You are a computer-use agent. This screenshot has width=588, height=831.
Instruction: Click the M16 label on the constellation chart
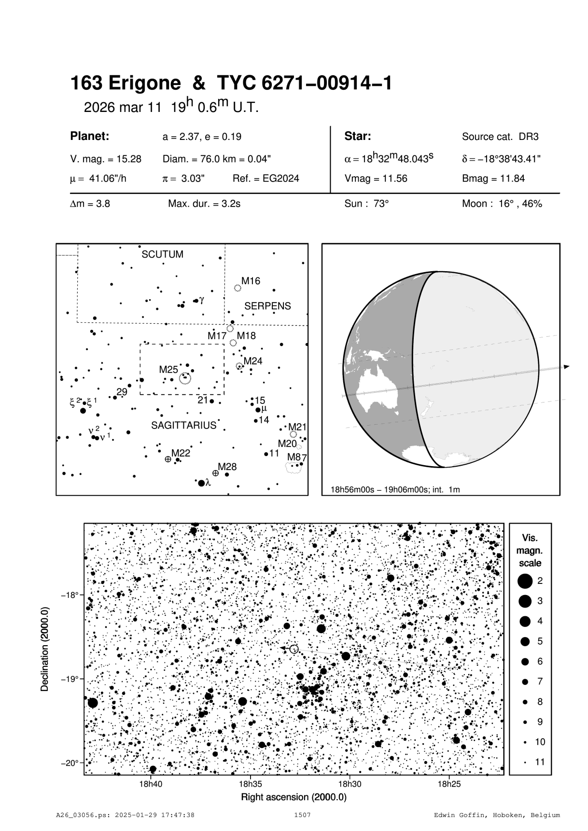251,281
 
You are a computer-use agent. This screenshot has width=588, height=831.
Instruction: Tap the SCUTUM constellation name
162,254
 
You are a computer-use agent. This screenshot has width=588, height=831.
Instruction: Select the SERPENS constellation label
267,306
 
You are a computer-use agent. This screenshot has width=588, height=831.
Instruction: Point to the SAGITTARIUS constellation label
183,426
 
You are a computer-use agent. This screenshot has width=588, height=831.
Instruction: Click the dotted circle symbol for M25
185,378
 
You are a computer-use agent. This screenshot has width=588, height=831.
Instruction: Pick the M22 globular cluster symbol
168,459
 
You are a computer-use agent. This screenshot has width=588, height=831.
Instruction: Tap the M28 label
227,467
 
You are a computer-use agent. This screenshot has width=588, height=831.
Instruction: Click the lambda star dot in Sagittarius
201,483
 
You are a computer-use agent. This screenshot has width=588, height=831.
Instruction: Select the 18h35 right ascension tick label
250,784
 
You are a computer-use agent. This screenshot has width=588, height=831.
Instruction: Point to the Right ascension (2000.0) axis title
294,797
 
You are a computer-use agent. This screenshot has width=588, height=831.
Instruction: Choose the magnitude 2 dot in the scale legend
525,581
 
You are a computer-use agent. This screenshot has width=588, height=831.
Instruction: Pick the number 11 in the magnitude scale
540,762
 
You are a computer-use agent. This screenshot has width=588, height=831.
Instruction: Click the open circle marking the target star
294,649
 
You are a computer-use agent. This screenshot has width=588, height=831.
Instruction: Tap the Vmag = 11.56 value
376,179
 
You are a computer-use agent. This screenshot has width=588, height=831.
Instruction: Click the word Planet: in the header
90,136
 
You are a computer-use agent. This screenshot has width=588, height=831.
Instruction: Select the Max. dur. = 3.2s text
204,204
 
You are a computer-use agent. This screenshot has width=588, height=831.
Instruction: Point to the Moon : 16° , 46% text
502,204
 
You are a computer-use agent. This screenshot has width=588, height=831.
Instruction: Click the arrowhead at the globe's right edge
566,367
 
